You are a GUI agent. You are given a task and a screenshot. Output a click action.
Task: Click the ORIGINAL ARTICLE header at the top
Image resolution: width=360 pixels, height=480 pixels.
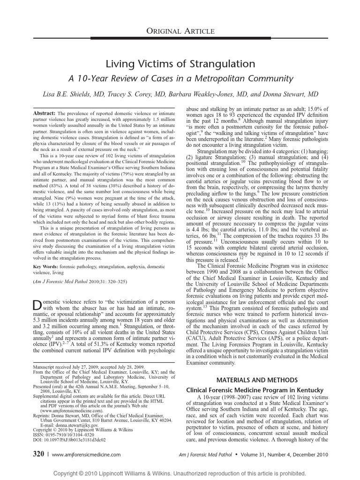[180, 31]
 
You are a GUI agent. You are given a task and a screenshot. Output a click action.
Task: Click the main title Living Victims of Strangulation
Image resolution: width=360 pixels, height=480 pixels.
[180, 64]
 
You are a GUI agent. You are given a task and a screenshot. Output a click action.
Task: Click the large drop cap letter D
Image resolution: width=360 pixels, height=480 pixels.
[37, 304]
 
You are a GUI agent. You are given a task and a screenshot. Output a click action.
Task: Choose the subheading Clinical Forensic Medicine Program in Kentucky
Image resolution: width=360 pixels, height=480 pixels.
[255, 390]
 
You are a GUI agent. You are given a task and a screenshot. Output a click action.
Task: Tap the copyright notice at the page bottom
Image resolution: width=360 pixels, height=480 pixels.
[180, 473]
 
